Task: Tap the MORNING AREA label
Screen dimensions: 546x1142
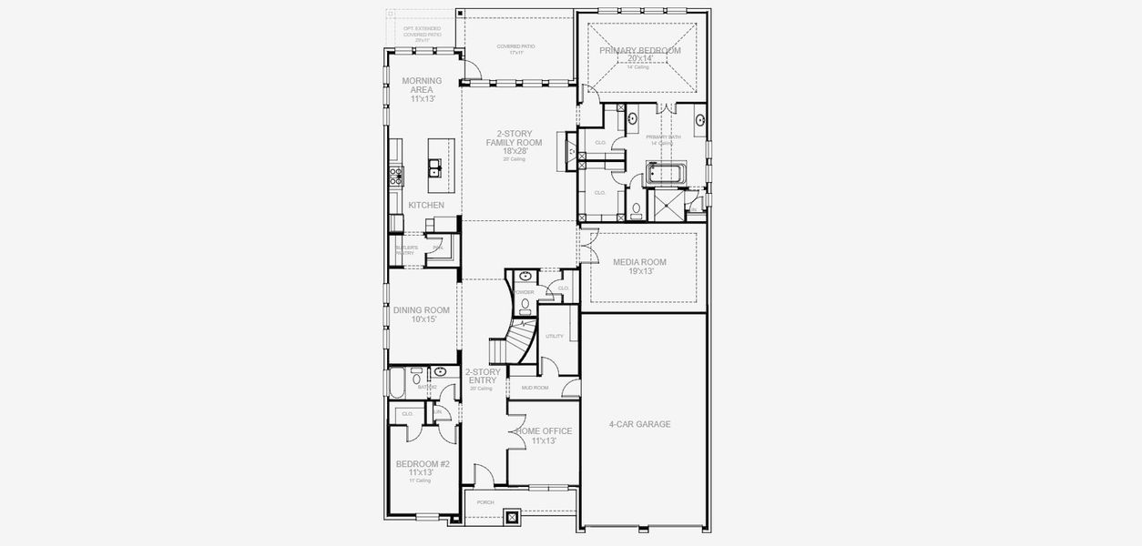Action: click(x=422, y=89)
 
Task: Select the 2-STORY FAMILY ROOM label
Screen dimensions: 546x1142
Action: click(x=515, y=143)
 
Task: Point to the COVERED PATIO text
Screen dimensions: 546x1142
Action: click(x=515, y=47)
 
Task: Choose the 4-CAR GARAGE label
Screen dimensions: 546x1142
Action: click(x=639, y=424)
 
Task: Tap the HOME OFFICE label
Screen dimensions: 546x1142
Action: click(x=543, y=435)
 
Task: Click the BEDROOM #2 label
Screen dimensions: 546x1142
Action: click(x=414, y=468)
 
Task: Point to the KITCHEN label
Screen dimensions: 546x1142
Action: click(x=426, y=205)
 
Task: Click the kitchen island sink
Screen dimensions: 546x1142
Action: click(x=435, y=167)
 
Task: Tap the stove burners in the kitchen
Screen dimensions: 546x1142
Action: click(x=395, y=175)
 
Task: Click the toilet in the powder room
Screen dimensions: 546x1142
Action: click(x=525, y=305)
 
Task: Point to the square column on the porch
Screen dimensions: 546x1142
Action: click(x=512, y=519)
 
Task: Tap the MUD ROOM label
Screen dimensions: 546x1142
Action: click(x=535, y=388)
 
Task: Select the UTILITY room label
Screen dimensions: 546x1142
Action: click(x=555, y=336)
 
